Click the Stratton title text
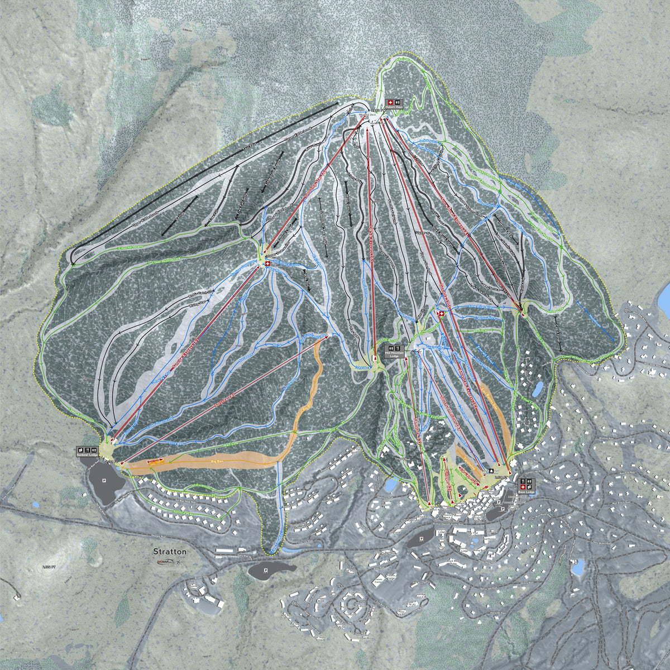tap(170, 552)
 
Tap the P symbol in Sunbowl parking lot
tap(104, 480)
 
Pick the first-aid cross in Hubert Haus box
tap(390, 103)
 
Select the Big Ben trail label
tap(218, 462)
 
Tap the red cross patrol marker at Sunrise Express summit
tap(267, 264)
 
